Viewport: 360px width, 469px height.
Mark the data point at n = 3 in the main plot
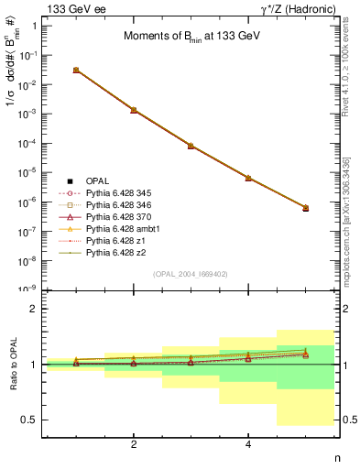191,146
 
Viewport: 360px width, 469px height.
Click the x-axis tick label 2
134,444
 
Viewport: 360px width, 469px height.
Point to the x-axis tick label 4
248,444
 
